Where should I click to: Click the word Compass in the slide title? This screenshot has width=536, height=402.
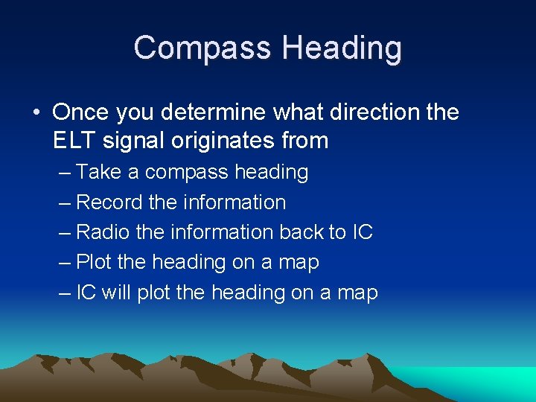tap(202, 48)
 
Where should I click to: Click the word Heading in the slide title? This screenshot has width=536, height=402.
tap(342, 48)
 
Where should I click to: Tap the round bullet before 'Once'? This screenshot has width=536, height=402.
tap(36, 113)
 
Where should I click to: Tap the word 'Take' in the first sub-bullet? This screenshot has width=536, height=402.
tap(100, 172)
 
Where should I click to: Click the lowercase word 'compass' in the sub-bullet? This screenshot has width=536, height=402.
tap(186, 172)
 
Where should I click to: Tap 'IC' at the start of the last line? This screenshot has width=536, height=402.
tap(86, 293)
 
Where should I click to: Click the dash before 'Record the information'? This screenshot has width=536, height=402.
tap(65, 202)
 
